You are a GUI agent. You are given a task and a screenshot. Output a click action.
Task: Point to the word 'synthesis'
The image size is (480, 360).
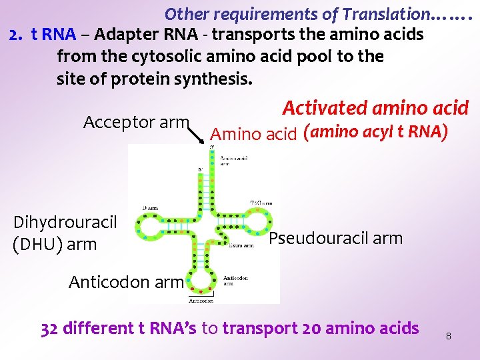pos(213,79)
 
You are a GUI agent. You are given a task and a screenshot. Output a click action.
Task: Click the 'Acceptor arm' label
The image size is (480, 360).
pos(136,122)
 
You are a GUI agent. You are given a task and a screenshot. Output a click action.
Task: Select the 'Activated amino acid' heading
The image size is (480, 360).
pos(375,108)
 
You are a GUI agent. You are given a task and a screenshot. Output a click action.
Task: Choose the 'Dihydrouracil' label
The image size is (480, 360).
pos(65,222)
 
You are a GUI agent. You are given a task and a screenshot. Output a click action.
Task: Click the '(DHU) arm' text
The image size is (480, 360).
pos(55,244)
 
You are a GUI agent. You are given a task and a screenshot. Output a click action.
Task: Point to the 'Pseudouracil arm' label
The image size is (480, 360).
pos(336,238)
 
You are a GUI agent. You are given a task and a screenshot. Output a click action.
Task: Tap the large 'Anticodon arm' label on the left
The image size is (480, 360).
pos(125,282)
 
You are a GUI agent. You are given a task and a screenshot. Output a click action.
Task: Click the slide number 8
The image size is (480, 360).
pos(448,336)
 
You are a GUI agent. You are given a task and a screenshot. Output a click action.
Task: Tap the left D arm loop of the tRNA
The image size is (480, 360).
pos(159,227)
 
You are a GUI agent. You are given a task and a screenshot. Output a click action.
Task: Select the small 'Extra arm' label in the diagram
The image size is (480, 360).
pos(241,245)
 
